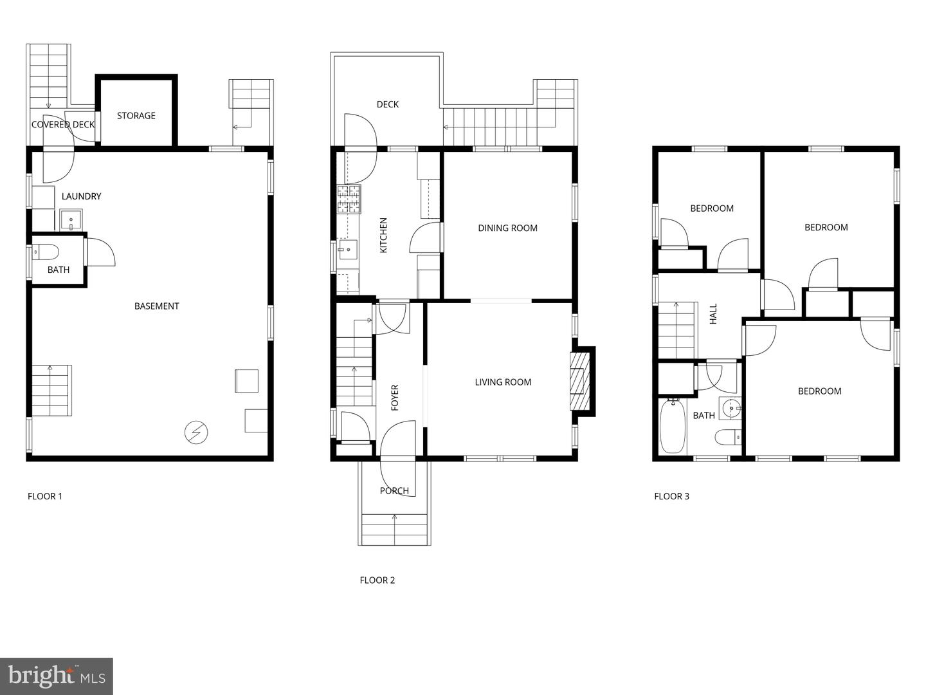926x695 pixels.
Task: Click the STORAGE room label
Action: click(x=136, y=116)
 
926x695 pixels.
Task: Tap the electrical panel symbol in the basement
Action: click(x=196, y=433)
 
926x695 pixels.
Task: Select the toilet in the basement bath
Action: click(x=46, y=251)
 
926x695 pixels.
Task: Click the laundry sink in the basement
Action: click(x=71, y=220)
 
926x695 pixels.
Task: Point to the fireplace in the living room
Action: click(x=580, y=381)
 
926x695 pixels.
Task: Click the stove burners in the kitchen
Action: click(x=349, y=199)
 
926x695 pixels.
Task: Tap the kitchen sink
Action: click(x=348, y=248)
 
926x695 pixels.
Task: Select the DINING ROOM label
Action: click(x=507, y=228)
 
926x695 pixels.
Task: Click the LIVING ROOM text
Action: click(x=503, y=382)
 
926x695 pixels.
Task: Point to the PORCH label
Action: click(x=394, y=491)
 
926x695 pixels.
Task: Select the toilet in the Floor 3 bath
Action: click(x=728, y=438)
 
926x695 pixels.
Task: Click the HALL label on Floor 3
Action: click(x=713, y=313)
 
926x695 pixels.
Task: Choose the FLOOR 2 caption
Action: click(x=377, y=580)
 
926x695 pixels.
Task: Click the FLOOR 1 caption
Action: click(x=45, y=496)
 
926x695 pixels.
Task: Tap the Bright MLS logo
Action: click(x=57, y=676)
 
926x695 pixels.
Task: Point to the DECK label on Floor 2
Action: click(x=387, y=104)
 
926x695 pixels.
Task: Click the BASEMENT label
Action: click(x=156, y=306)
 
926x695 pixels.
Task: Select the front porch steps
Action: click(x=394, y=530)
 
